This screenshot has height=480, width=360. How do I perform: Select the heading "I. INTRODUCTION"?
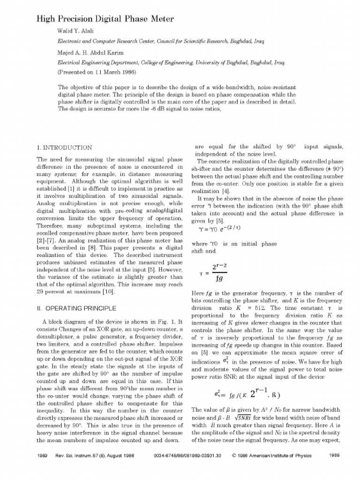click(64, 148)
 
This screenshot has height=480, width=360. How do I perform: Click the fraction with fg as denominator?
click(218, 273)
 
